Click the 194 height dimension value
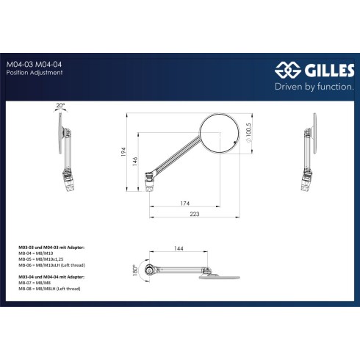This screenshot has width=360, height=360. tap(123, 152)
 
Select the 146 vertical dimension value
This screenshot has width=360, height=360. tap(135, 162)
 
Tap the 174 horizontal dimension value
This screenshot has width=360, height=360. tap(185, 204)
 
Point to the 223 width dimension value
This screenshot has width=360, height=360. tap(195, 214)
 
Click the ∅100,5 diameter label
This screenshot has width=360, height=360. tap(248, 132)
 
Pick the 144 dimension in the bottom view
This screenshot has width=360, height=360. tap(179, 248)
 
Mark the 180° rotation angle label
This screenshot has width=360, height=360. tap(134, 270)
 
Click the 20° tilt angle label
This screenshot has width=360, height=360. tap(60, 106)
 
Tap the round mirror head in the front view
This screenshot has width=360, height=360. tap(219, 134)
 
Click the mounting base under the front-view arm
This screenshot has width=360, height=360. tap(150, 182)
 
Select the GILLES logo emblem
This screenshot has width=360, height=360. tap(288, 70)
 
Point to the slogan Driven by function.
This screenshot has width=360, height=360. tap(314, 87)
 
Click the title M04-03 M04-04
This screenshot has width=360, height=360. tap(34, 65)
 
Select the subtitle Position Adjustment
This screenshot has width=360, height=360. tap(35, 73)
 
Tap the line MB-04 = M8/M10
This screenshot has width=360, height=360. tap(36, 253)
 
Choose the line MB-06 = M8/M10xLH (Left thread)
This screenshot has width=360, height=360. tap(51, 265)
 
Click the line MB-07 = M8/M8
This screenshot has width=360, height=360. tap(35, 283)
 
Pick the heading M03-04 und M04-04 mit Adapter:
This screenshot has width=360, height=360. tap(51, 277)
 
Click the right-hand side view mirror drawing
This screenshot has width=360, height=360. tap(309, 152)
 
